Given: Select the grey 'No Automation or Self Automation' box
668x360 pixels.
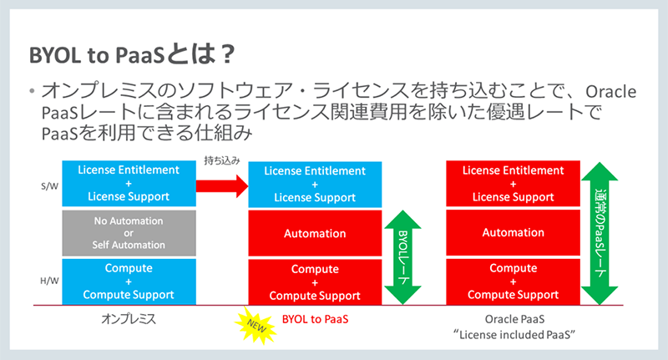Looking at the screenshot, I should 129,233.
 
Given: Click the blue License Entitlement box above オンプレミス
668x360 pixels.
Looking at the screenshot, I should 129,183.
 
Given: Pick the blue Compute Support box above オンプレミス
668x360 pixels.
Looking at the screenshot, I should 129,282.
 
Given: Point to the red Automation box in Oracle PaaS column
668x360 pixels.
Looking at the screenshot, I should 501,234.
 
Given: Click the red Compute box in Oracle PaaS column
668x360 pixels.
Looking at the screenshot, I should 501,282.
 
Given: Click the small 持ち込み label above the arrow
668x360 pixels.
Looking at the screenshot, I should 220,160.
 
